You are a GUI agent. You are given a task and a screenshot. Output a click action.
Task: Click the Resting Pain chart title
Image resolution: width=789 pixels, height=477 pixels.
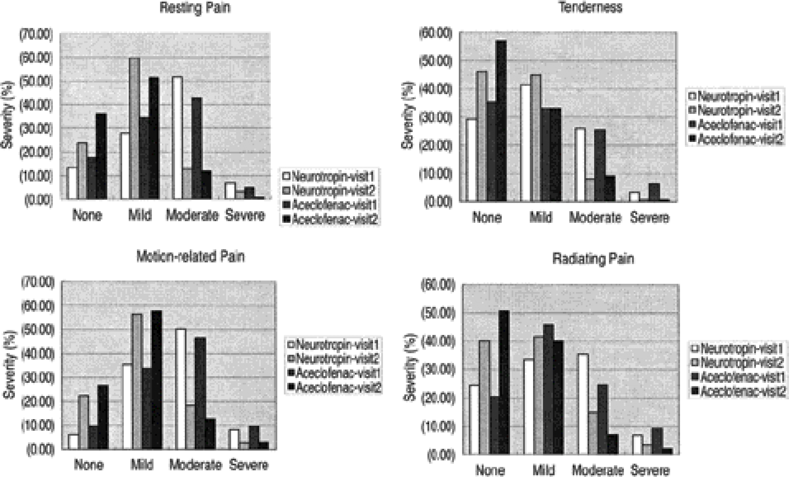[x=195, y=8]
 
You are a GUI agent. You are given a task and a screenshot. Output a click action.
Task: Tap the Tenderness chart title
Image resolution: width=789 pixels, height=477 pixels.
[x=590, y=7]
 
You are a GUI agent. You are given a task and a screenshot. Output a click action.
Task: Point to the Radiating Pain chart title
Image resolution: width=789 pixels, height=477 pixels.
[x=593, y=259]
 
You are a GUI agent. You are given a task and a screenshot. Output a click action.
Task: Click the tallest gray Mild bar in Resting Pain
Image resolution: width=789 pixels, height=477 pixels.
[x=134, y=128]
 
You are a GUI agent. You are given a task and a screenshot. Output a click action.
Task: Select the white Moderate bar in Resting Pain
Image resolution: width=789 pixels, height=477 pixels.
[x=177, y=138]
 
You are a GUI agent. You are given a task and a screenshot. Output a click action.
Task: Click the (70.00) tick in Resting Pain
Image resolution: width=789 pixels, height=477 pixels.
[x=36, y=35]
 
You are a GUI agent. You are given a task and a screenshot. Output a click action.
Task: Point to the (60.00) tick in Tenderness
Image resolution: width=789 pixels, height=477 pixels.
[x=436, y=33]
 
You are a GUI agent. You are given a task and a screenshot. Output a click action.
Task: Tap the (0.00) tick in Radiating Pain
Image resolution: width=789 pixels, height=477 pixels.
[x=441, y=455]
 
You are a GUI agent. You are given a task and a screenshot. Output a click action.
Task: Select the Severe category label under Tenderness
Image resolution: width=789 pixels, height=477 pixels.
[x=650, y=218]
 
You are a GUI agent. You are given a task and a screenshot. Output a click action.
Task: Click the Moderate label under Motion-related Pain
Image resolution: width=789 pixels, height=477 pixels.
[x=195, y=465]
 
